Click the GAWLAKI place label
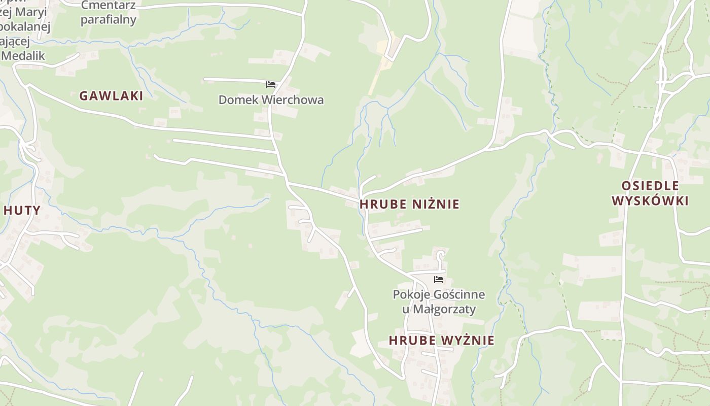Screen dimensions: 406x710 coord(111,96)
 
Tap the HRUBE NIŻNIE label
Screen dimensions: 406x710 coord(409,204)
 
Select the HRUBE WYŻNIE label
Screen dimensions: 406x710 coord(441,340)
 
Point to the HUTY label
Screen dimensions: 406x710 coord(22,210)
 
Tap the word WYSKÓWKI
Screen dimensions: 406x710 coord(650,201)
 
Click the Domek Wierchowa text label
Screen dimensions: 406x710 coord(271,99)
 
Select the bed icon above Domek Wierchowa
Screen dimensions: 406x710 coord(271,84)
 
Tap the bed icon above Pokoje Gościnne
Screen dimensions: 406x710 coord(439,280)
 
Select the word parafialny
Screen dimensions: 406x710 coord(109,20)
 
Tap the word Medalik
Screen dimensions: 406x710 coord(23,55)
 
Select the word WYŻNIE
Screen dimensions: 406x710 coord(468,340)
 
